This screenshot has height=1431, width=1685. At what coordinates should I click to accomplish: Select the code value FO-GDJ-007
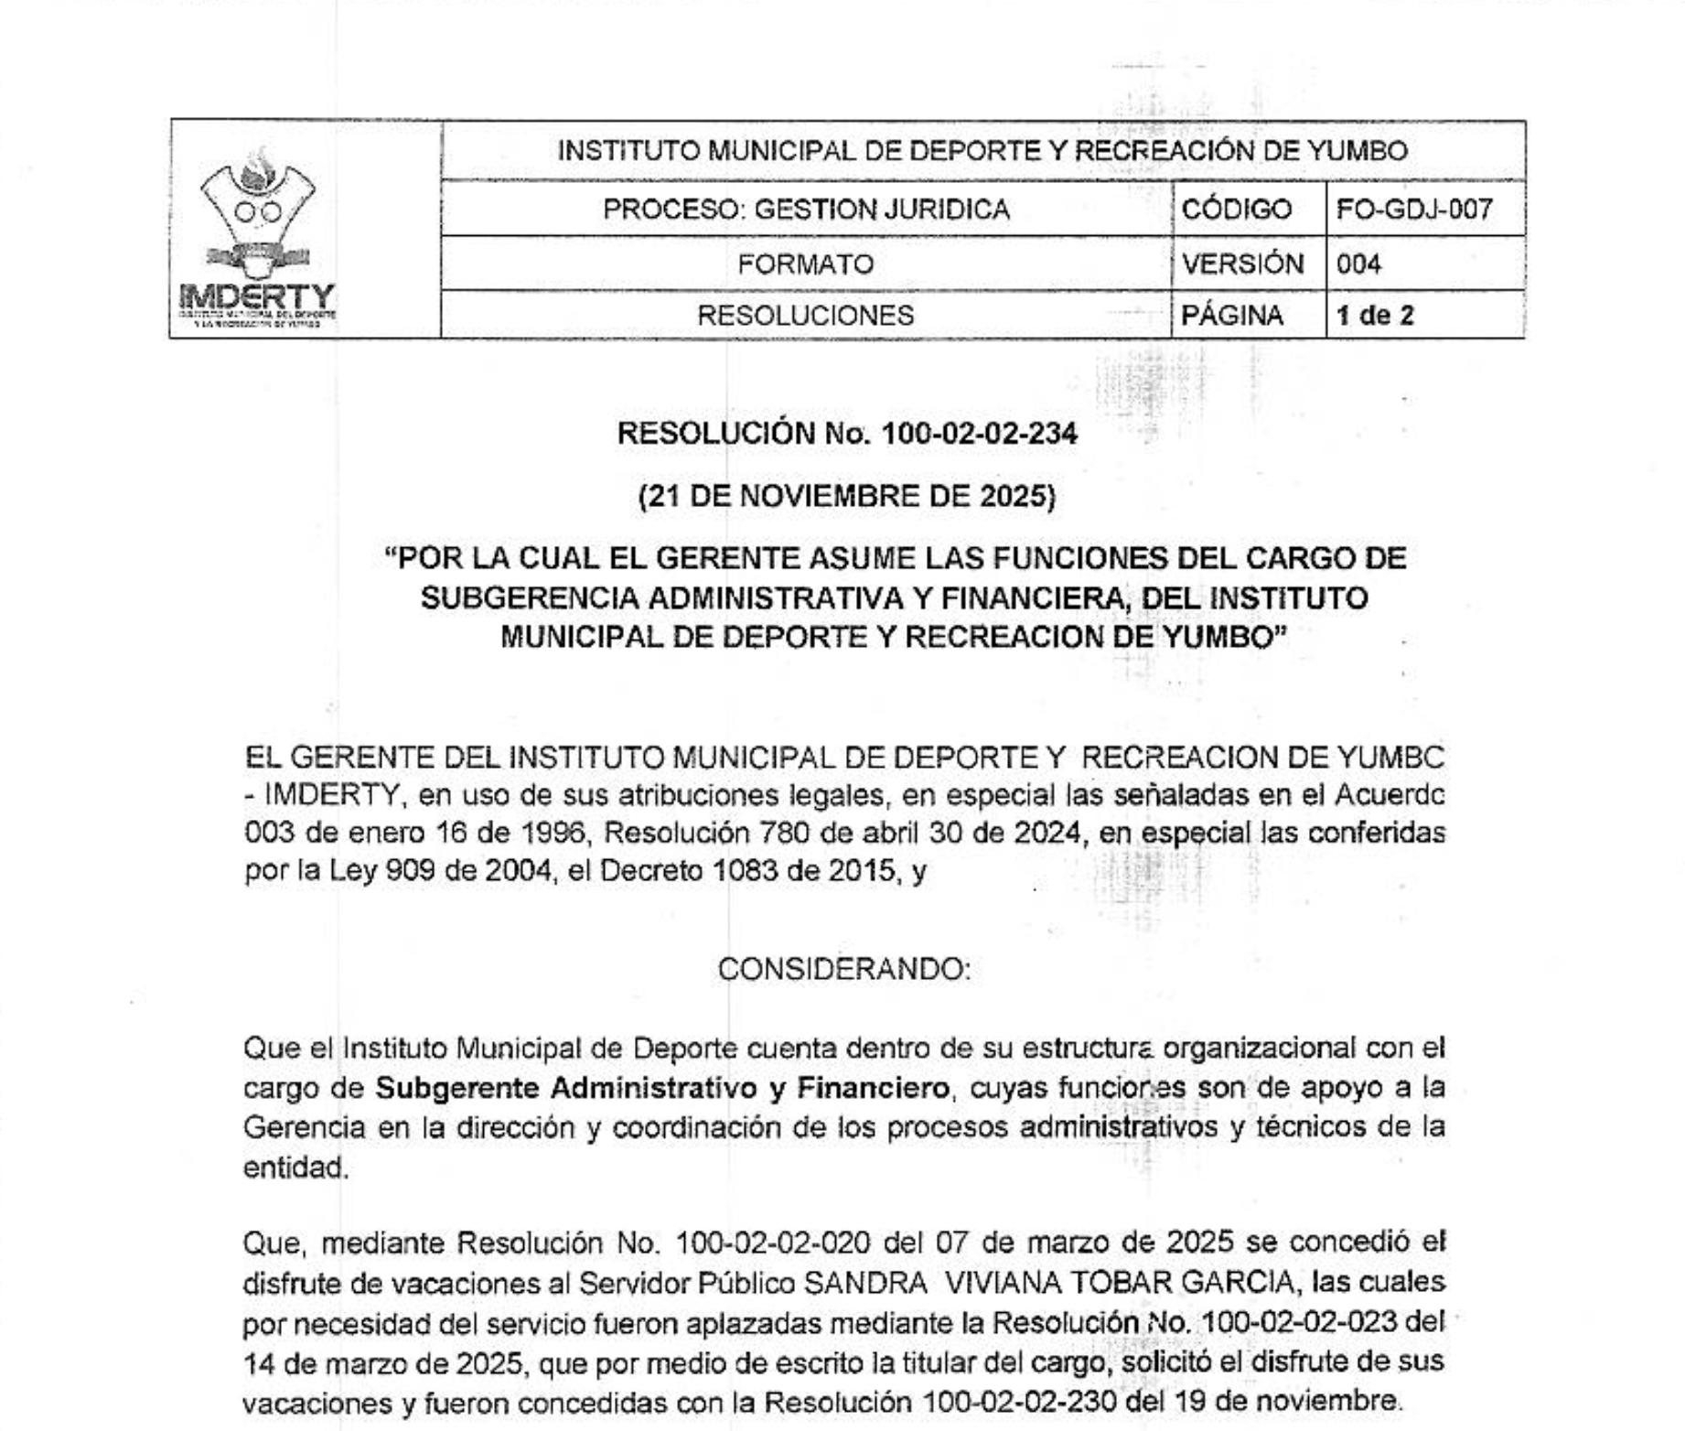click(x=1414, y=210)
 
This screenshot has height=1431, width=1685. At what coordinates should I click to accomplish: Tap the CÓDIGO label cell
click(x=1237, y=210)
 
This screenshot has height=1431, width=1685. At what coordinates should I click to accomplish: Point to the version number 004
click(x=1358, y=264)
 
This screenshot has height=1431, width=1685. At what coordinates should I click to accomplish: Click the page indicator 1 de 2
click(x=1375, y=316)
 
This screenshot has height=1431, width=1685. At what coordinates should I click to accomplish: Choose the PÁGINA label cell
click(x=1232, y=316)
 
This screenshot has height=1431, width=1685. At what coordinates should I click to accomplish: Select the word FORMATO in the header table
click(x=806, y=264)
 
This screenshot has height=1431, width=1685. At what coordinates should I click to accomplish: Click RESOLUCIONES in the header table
click(x=806, y=316)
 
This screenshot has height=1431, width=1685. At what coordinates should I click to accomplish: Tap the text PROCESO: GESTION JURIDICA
click(x=806, y=210)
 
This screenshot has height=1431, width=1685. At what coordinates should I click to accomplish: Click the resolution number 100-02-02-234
click(x=979, y=433)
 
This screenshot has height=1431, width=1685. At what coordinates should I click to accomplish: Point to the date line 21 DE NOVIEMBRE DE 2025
click(x=847, y=496)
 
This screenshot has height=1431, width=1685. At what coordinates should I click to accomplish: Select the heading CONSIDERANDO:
click(x=843, y=969)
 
